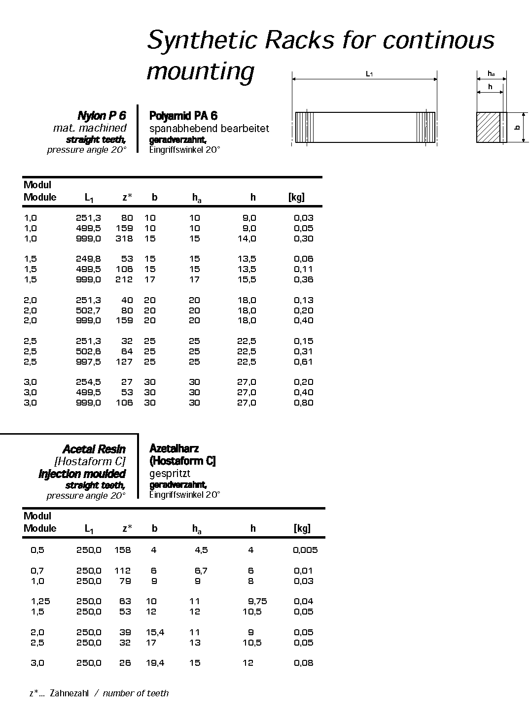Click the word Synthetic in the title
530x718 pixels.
coord(202,40)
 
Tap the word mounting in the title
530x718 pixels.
coord(200,71)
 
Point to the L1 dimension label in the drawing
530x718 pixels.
coord(369,74)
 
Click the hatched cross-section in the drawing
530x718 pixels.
coord(488,128)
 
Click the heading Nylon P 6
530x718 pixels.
coord(102,116)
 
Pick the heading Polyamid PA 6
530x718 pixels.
coord(183,116)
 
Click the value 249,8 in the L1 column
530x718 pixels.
coord(88,259)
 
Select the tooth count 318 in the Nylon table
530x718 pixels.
coord(124,239)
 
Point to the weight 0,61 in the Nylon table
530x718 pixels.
coord(303,362)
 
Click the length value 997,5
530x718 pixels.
coord(88,362)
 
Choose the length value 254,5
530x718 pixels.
coord(88,382)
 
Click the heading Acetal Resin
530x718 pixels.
coord(94,449)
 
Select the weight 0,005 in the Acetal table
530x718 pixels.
coord(305,550)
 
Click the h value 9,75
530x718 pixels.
coord(257,601)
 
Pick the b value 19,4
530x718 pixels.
coord(155,663)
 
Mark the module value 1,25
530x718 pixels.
coord(40,601)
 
